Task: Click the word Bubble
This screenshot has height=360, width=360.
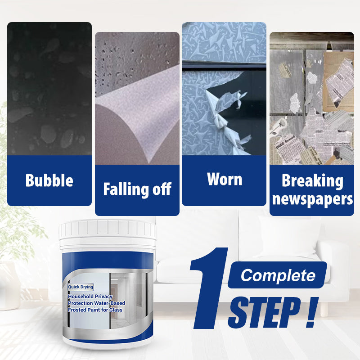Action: click(49, 180)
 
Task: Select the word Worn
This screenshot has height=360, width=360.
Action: click(224, 179)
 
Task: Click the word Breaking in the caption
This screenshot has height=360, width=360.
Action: click(312, 181)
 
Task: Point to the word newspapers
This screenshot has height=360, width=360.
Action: click(312, 199)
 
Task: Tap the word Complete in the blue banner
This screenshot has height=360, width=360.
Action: click(278, 275)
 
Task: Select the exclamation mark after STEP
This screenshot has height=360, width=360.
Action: click(310, 310)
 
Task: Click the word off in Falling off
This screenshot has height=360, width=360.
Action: click(162, 189)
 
